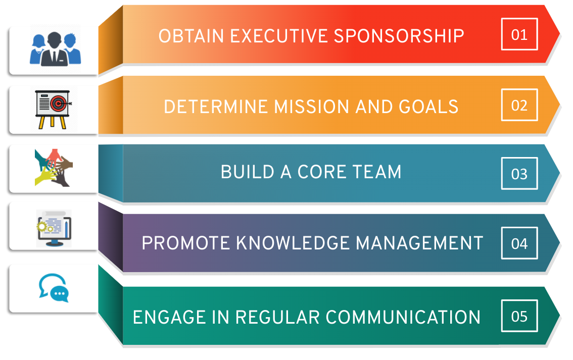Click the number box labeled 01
coord(519,34)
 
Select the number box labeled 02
coord(519,105)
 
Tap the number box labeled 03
coord(519,173)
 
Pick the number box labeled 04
coord(519,243)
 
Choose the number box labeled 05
coord(519,316)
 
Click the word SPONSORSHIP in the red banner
coord(399,36)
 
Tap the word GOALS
coord(428,107)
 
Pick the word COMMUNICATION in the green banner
coord(403,317)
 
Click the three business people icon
coord(55,49)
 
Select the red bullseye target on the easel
coord(58,104)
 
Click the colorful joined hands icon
coord(54,168)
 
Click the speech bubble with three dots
coord(60,293)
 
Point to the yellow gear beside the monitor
coord(41,227)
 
